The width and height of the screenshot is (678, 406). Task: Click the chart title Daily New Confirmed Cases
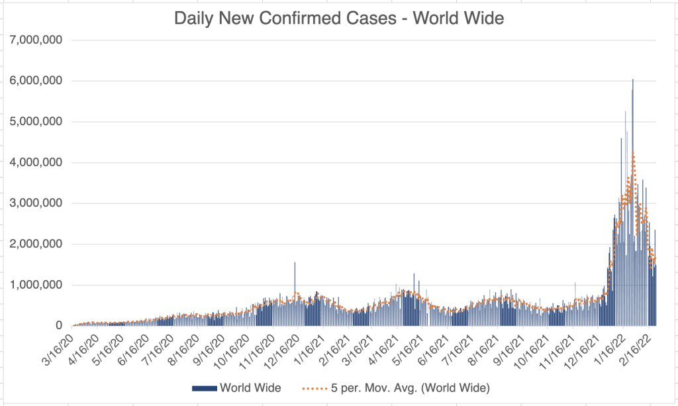click(x=338, y=18)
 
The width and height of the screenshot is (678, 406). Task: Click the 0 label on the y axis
click(x=59, y=326)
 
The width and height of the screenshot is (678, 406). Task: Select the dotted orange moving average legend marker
click(x=316, y=387)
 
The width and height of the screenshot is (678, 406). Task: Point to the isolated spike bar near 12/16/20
click(x=295, y=265)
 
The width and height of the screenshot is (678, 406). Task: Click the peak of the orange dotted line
click(x=633, y=154)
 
